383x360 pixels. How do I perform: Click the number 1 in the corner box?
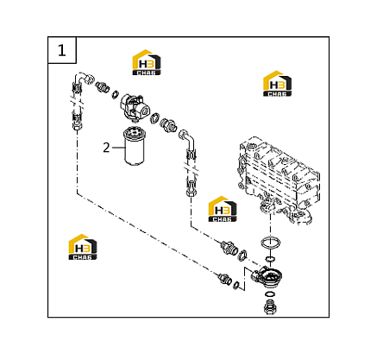[62, 50]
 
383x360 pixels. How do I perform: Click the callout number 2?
[106, 148]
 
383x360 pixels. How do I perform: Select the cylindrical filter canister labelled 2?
[134, 147]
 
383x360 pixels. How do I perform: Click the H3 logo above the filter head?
[147, 62]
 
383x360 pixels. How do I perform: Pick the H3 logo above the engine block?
[277, 84]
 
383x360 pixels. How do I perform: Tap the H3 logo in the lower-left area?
[83, 247]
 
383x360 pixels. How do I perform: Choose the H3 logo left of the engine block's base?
[223, 209]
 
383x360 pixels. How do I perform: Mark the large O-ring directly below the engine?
[271, 243]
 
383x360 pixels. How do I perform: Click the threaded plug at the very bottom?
[270, 307]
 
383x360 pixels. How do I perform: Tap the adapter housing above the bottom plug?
[267, 276]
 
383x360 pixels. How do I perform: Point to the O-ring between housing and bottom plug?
[270, 294]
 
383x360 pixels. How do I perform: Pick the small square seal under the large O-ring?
[270, 258]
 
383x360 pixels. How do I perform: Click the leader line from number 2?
[118, 148]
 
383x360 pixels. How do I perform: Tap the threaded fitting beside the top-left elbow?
[103, 85]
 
